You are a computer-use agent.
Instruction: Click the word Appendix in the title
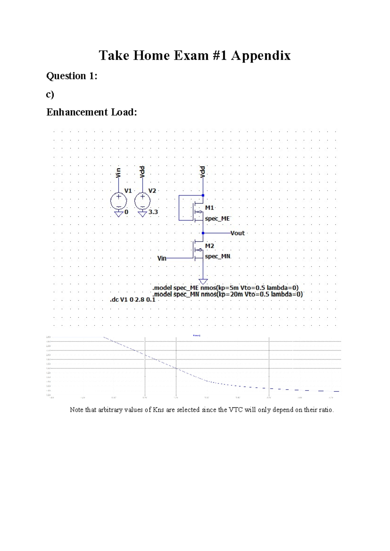[x=261, y=56]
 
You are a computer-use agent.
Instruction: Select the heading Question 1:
[x=72, y=76]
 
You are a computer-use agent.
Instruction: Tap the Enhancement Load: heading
[x=92, y=112]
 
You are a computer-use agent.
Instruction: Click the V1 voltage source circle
[x=119, y=201]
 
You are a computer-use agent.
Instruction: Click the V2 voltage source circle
[x=142, y=201]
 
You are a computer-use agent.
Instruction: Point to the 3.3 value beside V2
[x=153, y=212]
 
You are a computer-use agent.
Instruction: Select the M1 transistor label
[x=210, y=208]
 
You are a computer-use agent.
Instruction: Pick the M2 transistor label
[x=210, y=246]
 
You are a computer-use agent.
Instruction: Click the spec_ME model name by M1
[x=217, y=219]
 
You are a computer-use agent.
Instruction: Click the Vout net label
[x=238, y=233]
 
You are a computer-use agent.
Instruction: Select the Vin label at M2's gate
[x=162, y=258]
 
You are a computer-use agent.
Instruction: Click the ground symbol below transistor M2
[x=203, y=281]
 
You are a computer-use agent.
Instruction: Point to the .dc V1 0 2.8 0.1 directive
[x=133, y=300]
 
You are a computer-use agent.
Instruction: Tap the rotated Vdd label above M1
[x=202, y=172]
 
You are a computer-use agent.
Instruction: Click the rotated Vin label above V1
[x=118, y=173]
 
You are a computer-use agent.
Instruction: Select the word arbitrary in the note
[x=121, y=410]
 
